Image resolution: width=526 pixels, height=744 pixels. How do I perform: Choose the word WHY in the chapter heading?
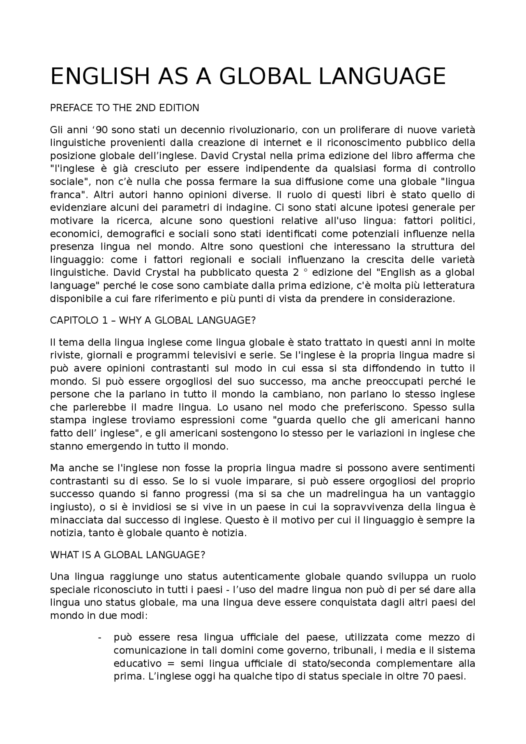click(130, 320)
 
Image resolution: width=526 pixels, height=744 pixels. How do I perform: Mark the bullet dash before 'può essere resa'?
click(100, 638)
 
